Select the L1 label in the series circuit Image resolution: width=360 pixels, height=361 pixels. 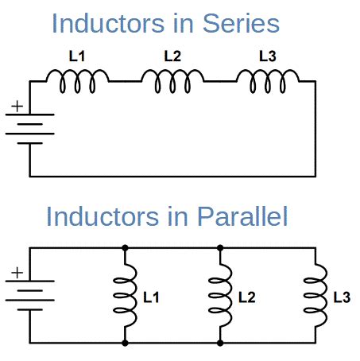(x=76, y=56)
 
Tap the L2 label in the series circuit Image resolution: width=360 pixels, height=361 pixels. (x=172, y=56)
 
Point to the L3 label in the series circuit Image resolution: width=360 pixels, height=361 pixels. (x=268, y=56)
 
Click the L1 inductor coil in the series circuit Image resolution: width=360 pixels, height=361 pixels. (x=77, y=78)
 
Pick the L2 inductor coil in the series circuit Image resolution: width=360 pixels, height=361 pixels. (x=172, y=78)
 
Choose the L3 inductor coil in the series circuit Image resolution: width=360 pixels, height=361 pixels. (x=269, y=78)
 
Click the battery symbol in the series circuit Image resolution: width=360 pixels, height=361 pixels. (x=29, y=129)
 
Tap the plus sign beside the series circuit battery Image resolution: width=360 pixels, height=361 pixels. (x=16, y=107)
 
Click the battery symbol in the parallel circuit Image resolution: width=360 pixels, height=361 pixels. (x=29, y=295)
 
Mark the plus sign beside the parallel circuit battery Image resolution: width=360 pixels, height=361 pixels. (x=16, y=274)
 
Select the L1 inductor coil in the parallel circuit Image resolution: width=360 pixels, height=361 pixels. (x=126, y=296)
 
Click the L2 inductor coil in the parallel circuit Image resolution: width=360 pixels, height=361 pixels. (x=220, y=296)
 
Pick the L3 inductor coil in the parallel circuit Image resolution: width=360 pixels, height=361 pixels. (x=315, y=296)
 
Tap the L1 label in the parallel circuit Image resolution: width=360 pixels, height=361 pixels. (x=151, y=297)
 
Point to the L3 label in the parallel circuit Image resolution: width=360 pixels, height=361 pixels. (x=341, y=297)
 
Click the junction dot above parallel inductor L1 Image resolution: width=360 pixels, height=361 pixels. (x=125, y=248)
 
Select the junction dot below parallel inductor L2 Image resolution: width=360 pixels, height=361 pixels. (x=220, y=344)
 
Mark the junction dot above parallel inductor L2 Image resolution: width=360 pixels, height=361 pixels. (x=220, y=248)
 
